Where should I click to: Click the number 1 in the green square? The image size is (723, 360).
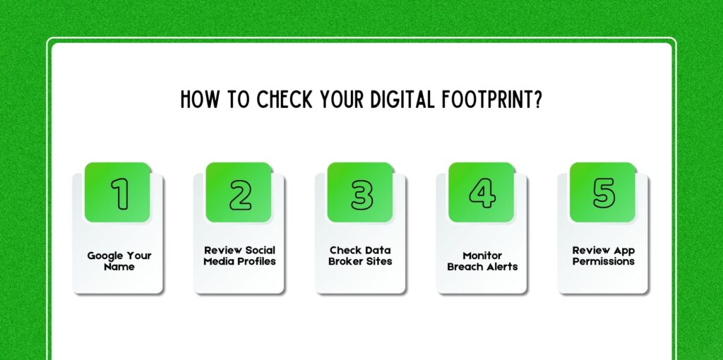click(x=120, y=193)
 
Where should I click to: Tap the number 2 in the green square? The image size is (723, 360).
click(x=241, y=193)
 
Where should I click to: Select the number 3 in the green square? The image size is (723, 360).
click(x=361, y=193)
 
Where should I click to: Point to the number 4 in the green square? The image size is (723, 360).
click(x=482, y=193)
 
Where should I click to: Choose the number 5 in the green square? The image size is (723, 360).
click(x=604, y=193)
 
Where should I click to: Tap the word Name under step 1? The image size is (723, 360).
click(x=119, y=267)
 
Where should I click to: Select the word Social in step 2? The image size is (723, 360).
click(x=258, y=250)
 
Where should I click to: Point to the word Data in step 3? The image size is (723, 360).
click(x=376, y=250)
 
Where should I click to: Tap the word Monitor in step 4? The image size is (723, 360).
click(x=482, y=256)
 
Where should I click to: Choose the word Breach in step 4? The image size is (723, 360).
click(x=465, y=267)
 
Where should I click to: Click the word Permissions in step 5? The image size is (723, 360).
click(x=604, y=261)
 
